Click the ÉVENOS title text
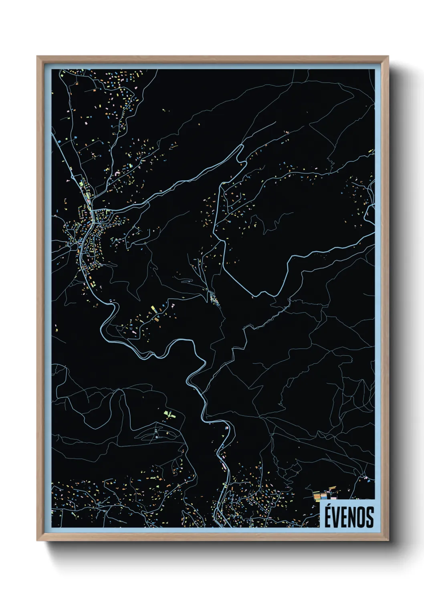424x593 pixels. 349,517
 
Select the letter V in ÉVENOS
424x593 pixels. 337,517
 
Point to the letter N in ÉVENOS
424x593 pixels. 353,517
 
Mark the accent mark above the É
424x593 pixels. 329,504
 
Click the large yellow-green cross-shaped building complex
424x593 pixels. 170,414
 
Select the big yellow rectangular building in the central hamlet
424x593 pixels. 153,309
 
